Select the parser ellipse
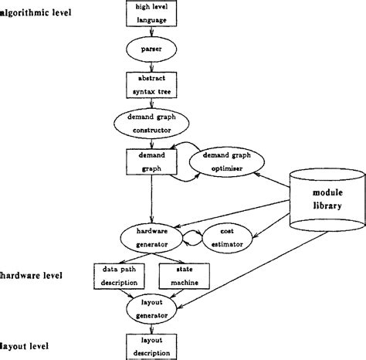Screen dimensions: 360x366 tap(151, 49)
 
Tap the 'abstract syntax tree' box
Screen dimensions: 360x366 tap(151, 85)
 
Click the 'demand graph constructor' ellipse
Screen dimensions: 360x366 tap(151, 124)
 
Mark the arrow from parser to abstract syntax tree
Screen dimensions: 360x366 tap(151, 67)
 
